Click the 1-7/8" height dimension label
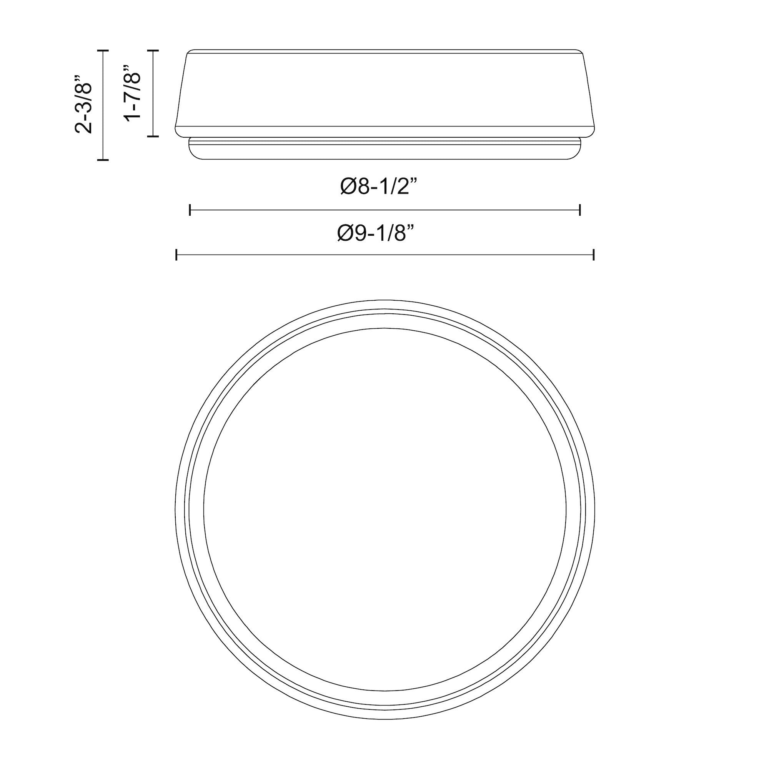tap(133, 92)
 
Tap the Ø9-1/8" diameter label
tap(376, 233)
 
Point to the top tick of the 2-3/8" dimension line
tap(103, 50)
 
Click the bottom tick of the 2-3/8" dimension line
tap(103, 160)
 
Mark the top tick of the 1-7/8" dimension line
tap(153, 50)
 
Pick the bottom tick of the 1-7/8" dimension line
tap(153, 136)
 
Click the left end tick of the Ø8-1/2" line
tap(190, 210)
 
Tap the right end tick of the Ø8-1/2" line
tap(580, 210)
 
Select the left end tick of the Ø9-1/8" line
tap(176, 254)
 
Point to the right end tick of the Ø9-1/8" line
tap(593, 254)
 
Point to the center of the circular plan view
tap(385, 509)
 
